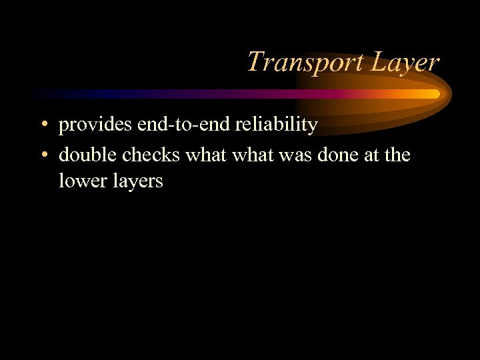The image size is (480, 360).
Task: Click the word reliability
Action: coord(275,125)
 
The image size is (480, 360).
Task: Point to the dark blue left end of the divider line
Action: coord(40,94)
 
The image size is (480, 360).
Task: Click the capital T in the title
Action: coord(254,62)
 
